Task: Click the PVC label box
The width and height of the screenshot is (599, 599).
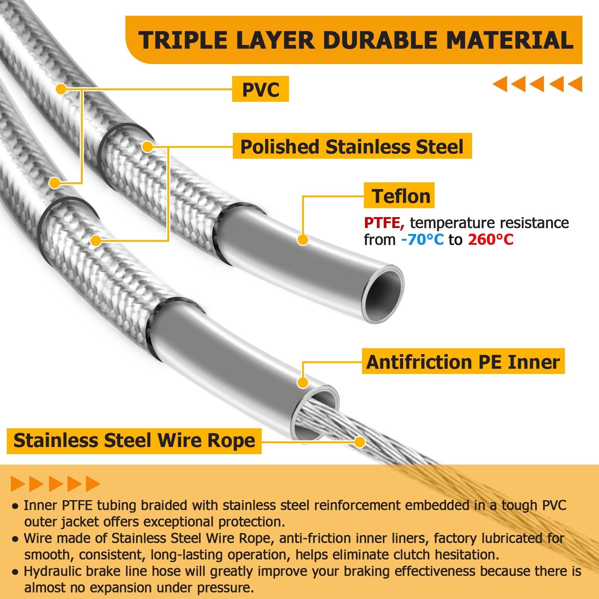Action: [261, 89]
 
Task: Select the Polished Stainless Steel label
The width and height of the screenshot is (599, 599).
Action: [352, 146]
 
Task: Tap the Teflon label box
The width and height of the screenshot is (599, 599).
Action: [399, 195]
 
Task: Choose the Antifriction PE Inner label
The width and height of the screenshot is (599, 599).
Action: [463, 361]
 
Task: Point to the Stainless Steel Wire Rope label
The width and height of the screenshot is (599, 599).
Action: [134, 441]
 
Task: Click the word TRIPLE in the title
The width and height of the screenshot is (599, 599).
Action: [183, 40]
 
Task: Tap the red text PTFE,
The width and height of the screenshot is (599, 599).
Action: [384, 223]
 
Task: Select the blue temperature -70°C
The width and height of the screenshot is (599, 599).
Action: [422, 240]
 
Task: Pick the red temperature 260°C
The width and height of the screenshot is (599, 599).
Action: [491, 240]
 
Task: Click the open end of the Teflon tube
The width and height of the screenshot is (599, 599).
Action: [383, 294]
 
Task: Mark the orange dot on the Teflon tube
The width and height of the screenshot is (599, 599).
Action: [302, 240]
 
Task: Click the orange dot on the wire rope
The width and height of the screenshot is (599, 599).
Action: [360, 442]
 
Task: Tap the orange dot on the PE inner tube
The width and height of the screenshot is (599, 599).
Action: [302, 383]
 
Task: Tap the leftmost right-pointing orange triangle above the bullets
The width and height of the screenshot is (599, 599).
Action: [18, 484]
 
